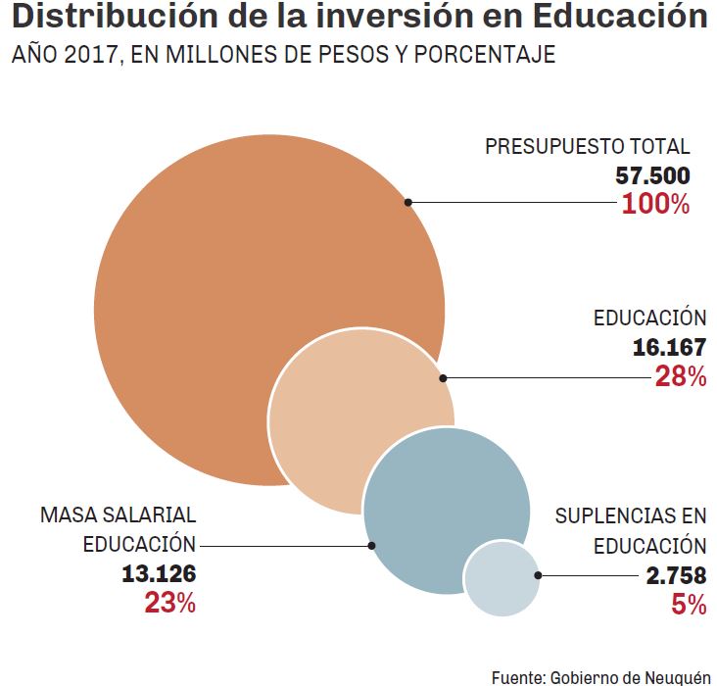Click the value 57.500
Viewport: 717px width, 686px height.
click(653, 176)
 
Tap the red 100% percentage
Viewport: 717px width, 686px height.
click(656, 205)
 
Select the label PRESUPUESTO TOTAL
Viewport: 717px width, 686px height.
click(588, 147)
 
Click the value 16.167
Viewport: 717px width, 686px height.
click(669, 348)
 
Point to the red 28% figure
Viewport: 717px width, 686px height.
click(681, 377)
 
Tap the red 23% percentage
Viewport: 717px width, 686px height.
click(170, 603)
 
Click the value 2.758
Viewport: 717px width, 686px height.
click(676, 575)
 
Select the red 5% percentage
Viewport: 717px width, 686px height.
click(689, 605)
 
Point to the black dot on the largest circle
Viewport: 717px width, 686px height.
click(407, 203)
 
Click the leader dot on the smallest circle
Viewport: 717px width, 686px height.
click(537, 575)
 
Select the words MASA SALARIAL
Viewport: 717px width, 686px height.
click(118, 515)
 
